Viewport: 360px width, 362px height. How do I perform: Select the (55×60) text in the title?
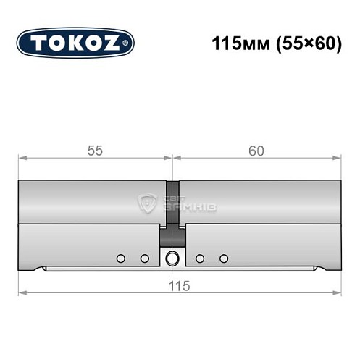[301, 43]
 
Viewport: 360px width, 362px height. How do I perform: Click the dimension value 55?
[95, 151]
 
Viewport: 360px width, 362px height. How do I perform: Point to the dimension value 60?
[256, 151]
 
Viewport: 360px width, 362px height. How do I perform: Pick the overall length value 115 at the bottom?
[180, 285]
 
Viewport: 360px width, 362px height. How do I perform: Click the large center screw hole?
[172, 258]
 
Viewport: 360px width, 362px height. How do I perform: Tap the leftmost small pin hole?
[121, 258]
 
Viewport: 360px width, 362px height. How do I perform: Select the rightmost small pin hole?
[223, 258]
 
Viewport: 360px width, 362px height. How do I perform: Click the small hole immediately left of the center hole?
[144, 258]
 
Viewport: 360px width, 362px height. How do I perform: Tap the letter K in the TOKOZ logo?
[76, 43]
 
